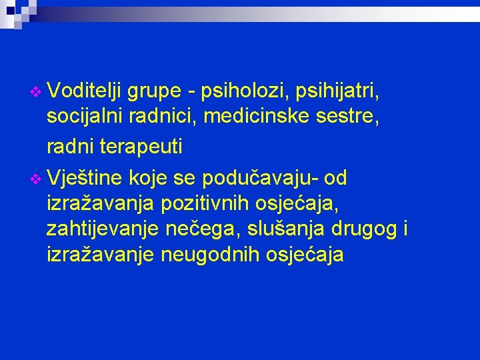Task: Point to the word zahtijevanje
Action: pos(98,229)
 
